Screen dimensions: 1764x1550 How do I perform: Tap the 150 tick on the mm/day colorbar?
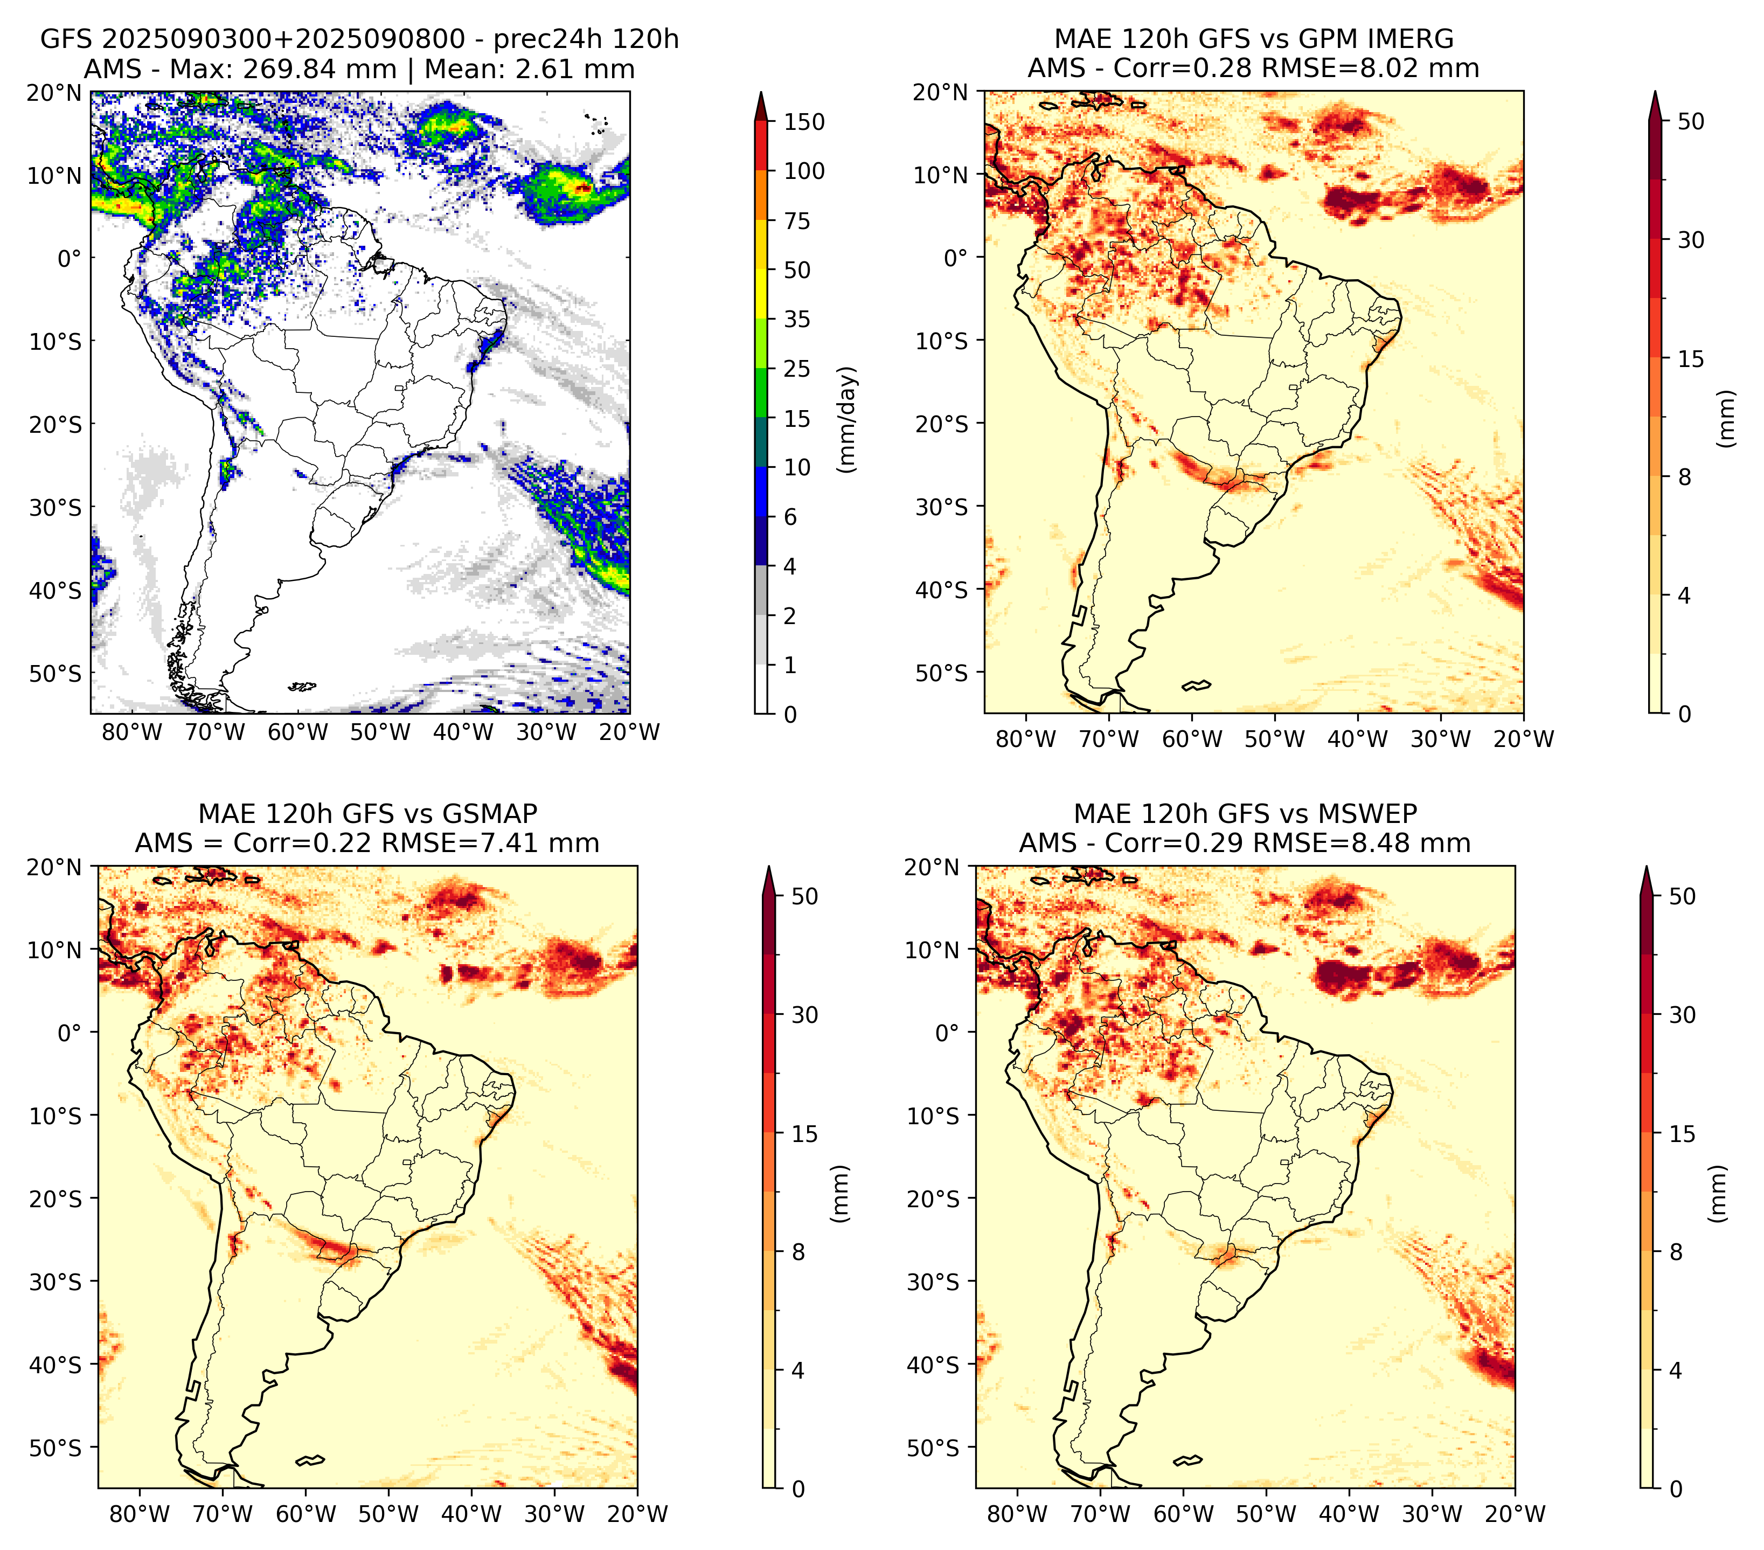(x=803, y=122)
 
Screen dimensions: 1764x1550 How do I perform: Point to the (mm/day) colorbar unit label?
(x=849, y=419)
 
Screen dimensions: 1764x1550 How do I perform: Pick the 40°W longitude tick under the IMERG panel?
(x=1358, y=739)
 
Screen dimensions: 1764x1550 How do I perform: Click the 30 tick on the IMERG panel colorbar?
(x=1691, y=240)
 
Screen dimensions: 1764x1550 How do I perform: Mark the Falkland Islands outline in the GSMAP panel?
(x=310, y=1460)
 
